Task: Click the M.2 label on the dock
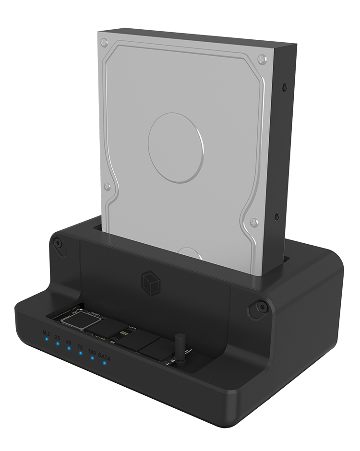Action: click(46, 332)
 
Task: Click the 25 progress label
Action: click(57, 337)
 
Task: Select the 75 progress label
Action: click(80, 347)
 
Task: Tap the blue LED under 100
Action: click(93, 358)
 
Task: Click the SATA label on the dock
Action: click(104, 356)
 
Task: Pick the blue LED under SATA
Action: click(104, 363)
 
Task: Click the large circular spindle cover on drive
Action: click(174, 147)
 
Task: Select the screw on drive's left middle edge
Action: click(107, 186)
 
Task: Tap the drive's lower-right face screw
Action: click(254, 222)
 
